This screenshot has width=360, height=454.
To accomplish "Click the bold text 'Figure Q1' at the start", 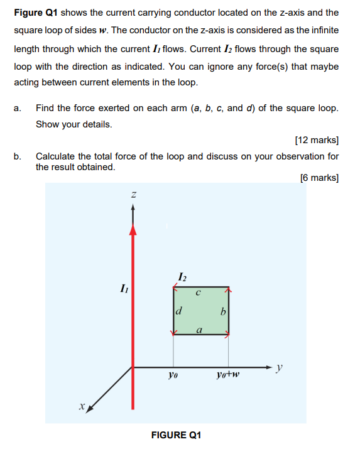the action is [x=36, y=13].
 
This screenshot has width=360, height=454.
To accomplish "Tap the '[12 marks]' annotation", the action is [x=317, y=139].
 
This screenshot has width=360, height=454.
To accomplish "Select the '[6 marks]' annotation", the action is [x=320, y=178].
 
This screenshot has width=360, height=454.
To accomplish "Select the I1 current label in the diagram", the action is [x=124, y=289].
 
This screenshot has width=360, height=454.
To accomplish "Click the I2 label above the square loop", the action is [x=182, y=276].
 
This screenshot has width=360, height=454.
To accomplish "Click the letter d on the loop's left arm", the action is [x=179, y=310].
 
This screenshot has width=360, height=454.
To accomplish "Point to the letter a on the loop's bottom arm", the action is [x=199, y=329].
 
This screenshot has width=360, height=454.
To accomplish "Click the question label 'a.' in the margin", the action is [x=17, y=108].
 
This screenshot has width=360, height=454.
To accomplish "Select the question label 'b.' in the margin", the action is [x=18, y=156].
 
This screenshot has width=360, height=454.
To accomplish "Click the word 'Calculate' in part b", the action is [x=57, y=156].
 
